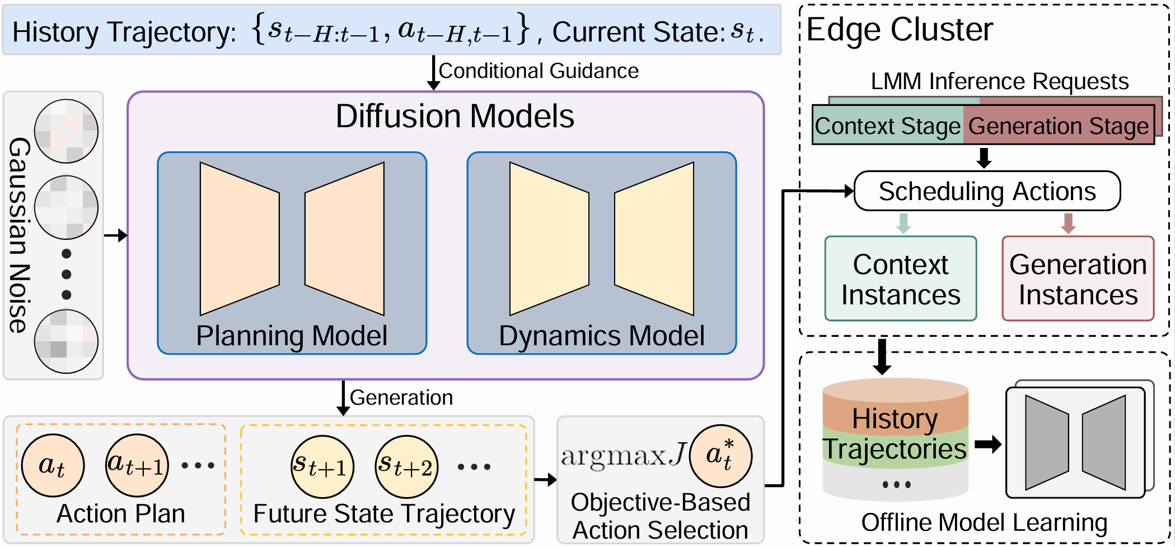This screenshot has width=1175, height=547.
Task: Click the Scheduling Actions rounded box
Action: [x=987, y=191]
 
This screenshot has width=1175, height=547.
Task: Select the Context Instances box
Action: [x=900, y=279]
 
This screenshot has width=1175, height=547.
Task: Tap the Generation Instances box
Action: [x=1078, y=279]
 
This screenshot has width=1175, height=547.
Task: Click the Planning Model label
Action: [x=292, y=336]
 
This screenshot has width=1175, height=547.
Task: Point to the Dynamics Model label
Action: [x=602, y=336]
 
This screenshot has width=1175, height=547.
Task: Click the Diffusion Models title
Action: [x=455, y=117]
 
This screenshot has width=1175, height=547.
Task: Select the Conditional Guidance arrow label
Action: [x=539, y=71]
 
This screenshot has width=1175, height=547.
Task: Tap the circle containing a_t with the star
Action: [x=720, y=456]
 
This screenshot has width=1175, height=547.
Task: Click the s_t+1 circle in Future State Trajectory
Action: [x=322, y=466]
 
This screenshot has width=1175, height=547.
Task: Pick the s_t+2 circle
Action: [x=406, y=466]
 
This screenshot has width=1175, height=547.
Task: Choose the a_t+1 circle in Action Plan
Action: [x=137, y=465]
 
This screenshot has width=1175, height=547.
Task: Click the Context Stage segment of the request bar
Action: [x=888, y=126]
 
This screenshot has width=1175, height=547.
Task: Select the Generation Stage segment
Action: [x=1059, y=126]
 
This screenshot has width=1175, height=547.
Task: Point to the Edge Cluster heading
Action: [x=900, y=29]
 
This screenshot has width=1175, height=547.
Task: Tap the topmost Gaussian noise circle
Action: [x=67, y=131]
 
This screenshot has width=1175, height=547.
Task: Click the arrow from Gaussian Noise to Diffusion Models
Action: [x=115, y=235]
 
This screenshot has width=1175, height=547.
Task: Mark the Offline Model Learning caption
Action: [x=984, y=522]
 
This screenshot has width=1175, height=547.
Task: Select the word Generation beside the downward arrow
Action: [x=401, y=397]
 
